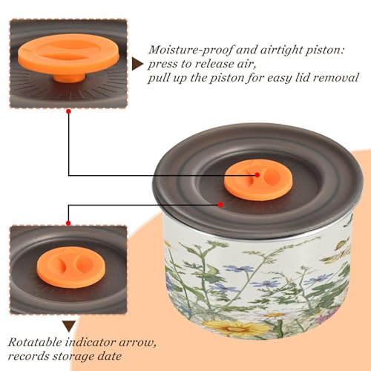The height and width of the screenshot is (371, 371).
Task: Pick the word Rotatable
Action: [x=35, y=343]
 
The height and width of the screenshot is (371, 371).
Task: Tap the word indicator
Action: [x=91, y=343]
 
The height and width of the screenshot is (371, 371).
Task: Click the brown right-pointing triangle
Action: [x=137, y=64]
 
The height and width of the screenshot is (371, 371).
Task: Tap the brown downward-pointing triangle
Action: [x=69, y=326]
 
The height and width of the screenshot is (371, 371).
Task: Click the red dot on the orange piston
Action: [x=257, y=175]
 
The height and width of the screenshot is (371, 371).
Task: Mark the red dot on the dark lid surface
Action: [x=220, y=205]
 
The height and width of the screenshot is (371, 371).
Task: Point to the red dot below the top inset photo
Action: [x=69, y=111]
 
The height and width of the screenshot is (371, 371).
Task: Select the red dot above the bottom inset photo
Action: [x=68, y=223]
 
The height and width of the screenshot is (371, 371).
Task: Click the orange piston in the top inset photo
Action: [x=69, y=57]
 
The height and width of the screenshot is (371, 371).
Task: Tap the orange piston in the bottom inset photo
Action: [x=71, y=267]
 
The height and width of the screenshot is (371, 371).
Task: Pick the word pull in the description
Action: [x=158, y=79]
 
